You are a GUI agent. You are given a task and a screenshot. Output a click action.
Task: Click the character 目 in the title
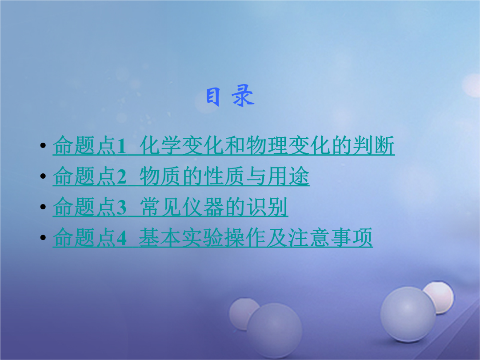(213, 96)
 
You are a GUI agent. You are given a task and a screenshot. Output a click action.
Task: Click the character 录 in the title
(243, 96)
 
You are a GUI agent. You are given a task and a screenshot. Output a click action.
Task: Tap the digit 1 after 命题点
(121, 146)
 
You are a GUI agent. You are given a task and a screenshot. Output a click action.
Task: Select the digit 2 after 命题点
(121, 176)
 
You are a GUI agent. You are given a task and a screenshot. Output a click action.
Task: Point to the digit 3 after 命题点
(121, 207)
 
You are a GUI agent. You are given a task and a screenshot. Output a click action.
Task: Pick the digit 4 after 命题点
(121, 238)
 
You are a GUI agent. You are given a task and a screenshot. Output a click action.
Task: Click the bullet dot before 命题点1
(43, 145)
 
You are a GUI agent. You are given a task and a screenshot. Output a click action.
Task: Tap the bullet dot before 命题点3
(43, 207)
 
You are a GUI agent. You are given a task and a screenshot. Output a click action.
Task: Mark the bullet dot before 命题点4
(43, 237)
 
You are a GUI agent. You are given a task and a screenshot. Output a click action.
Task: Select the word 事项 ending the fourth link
(352, 237)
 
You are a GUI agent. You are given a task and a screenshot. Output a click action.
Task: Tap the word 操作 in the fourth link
(245, 237)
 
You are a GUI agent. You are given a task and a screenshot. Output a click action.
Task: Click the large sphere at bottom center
(275, 331)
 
